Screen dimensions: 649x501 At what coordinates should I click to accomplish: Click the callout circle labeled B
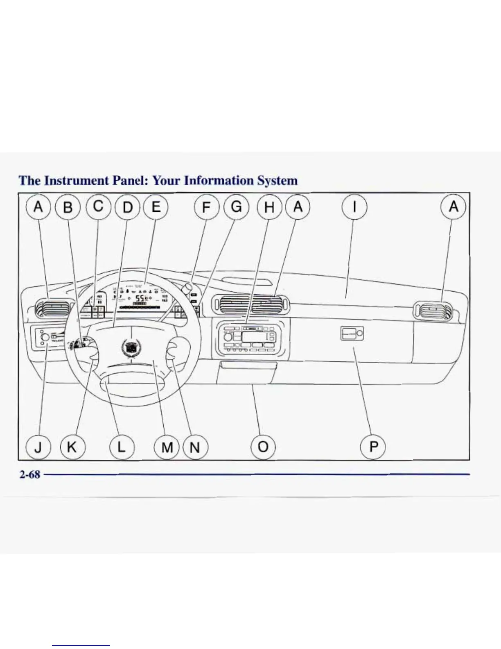click(68, 207)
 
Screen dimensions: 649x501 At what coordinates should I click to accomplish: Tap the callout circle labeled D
click(128, 207)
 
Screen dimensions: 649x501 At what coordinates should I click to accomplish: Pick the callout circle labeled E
click(156, 207)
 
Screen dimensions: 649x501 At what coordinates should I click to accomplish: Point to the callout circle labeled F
click(206, 207)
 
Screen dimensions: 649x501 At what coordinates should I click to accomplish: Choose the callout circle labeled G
click(236, 207)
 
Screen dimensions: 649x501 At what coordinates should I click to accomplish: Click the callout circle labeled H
click(269, 207)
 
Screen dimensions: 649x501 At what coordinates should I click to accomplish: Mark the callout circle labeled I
click(354, 207)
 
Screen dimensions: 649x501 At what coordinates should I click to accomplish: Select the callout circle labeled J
click(38, 447)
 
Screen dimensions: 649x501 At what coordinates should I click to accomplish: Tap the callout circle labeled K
click(72, 447)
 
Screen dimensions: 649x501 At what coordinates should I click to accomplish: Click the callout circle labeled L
click(122, 447)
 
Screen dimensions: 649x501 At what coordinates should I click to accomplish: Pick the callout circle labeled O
click(263, 447)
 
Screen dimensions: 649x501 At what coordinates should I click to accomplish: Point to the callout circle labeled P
click(373, 447)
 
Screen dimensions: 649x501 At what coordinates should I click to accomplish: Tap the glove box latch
click(352, 334)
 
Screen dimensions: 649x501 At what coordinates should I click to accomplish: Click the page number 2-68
click(30, 474)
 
